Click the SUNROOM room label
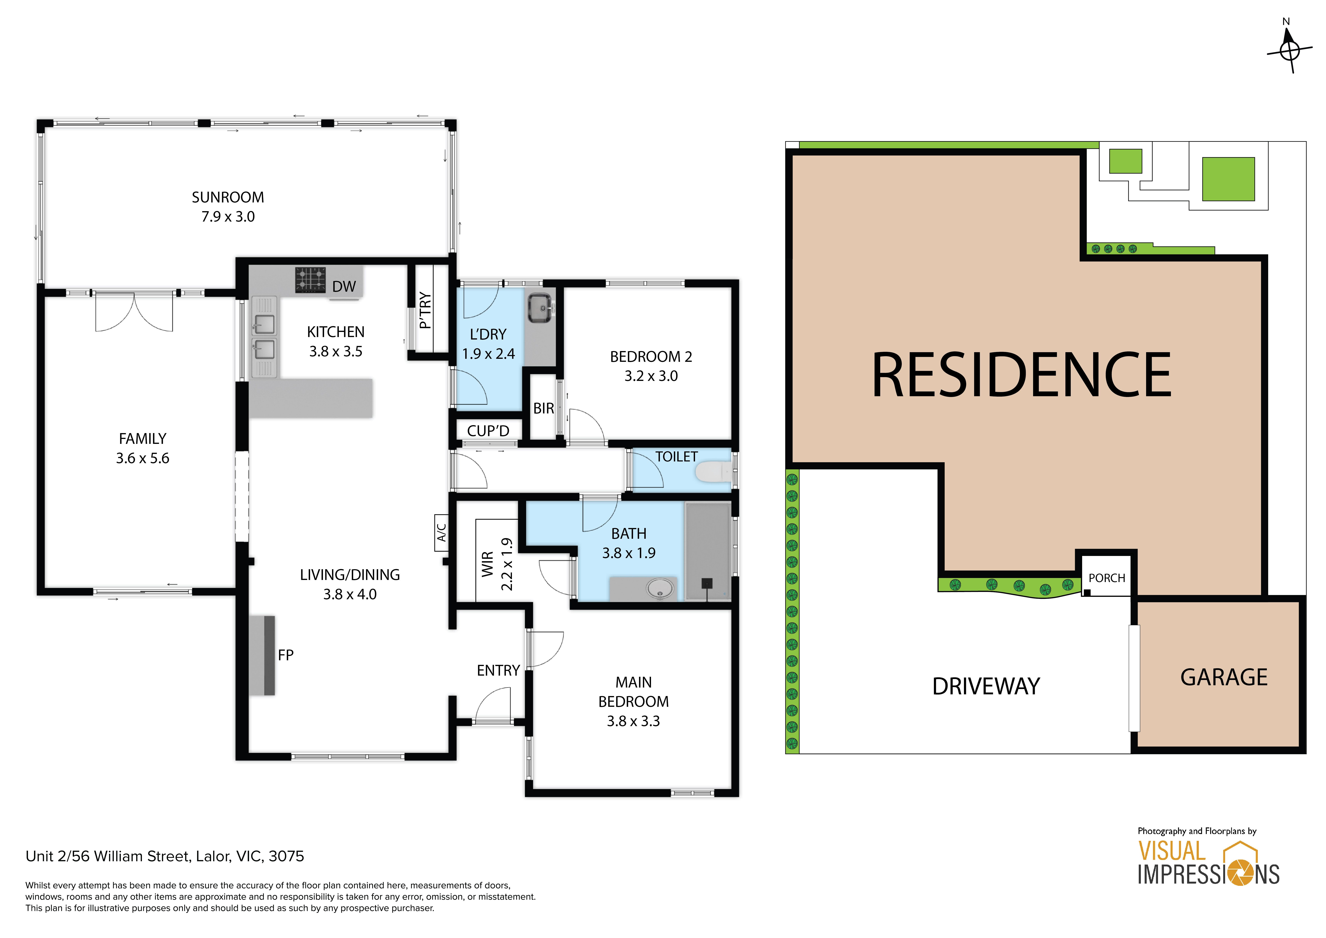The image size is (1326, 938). coord(228,198)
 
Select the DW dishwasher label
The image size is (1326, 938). coord(344,286)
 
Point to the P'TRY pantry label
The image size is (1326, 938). coord(425,310)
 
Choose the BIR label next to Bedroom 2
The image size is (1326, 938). coord(543,408)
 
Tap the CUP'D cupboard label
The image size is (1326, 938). coord(488,431)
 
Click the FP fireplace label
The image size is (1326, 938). coord(286,655)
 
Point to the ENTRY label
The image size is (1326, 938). coord(498,671)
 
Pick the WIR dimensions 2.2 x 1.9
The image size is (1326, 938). coord(506,564)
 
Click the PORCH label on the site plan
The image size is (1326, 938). coord(1107,578)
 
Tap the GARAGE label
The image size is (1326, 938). coord(1224,677)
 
